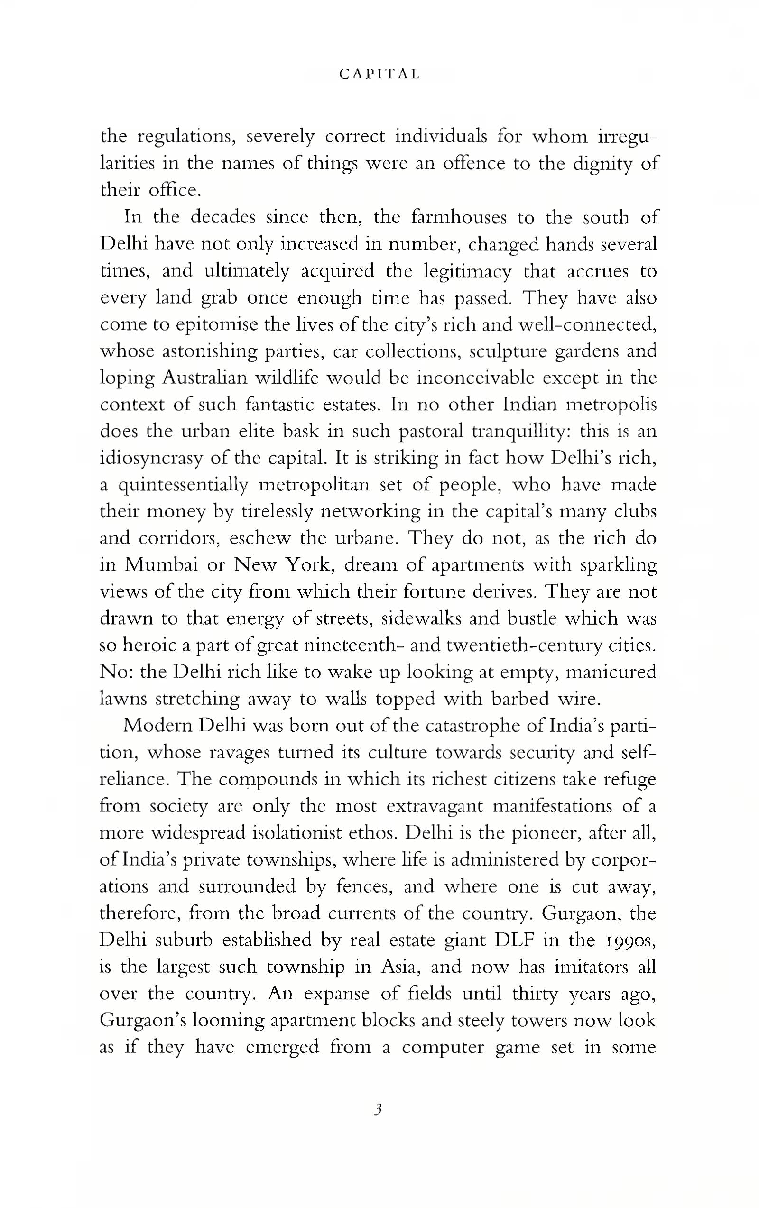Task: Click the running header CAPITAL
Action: point(379,74)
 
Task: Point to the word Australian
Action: point(204,378)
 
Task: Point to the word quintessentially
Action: point(183,485)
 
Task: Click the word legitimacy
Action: point(468,271)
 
